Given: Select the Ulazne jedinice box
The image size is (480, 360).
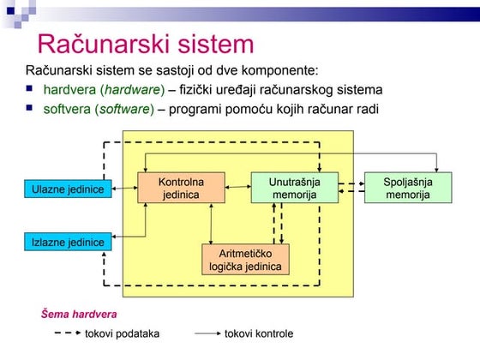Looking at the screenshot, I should pyautogui.click(x=68, y=189).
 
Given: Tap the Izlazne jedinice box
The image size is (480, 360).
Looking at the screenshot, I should pyautogui.click(x=68, y=243).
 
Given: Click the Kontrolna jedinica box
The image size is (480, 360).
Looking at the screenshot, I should pyautogui.click(x=181, y=189).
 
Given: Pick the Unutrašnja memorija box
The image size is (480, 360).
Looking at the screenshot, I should pyautogui.click(x=294, y=189).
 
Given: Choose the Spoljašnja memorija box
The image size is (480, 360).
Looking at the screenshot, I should pyautogui.click(x=408, y=189).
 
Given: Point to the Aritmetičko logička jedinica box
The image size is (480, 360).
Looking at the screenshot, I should pyautogui.click(x=245, y=260).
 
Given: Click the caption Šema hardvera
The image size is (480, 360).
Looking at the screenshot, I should pyautogui.click(x=80, y=314).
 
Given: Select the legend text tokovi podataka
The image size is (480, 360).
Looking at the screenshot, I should pyautogui.click(x=122, y=333).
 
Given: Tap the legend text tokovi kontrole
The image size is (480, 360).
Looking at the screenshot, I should pyautogui.click(x=259, y=333).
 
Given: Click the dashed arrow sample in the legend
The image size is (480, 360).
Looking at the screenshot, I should pyautogui.click(x=60, y=333).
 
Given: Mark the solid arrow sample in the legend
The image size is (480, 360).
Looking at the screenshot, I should pyautogui.click(x=208, y=333).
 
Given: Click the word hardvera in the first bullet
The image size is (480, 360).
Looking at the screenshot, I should pyautogui.click(x=65, y=90).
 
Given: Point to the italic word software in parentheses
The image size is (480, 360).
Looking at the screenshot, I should pyautogui.click(x=127, y=109).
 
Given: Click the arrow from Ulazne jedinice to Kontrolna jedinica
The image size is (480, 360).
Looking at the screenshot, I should pyautogui.click(x=125, y=189).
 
